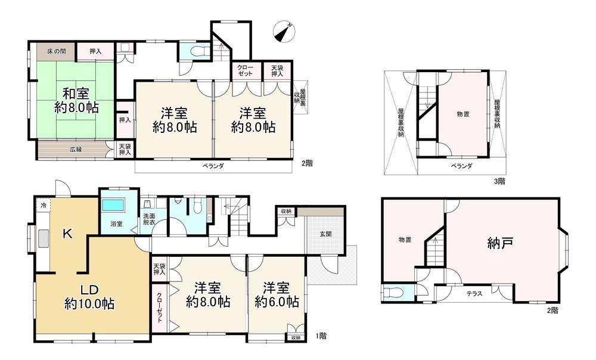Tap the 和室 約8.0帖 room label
[x=76, y=101]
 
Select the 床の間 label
[x=56, y=51]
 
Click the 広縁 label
[x=76, y=150]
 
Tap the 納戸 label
[x=500, y=243]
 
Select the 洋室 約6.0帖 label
[x=277, y=295]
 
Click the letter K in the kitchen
[x=67, y=234]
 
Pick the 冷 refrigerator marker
[x=44, y=206]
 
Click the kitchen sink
[x=44, y=240]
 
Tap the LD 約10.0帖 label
[x=89, y=297]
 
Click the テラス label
[x=474, y=294]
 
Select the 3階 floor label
[x=499, y=181]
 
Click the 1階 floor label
[x=321, y=336]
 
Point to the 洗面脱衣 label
[x=148, y=219]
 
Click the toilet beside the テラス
[x=391, y=293]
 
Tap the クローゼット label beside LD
[x=160, y=308]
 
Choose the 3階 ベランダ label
[x=461, y=166]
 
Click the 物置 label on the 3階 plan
[x=463, y=114]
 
